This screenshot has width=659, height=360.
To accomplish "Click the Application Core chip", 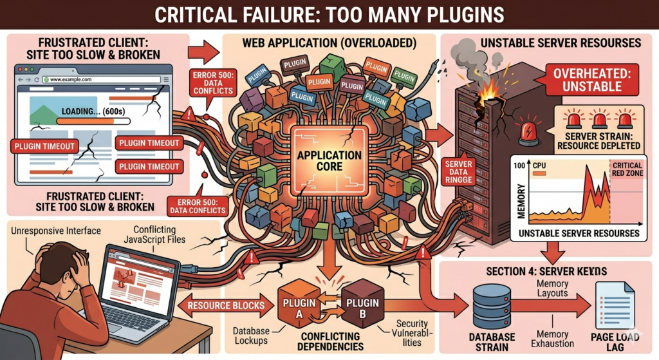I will coord(329,160).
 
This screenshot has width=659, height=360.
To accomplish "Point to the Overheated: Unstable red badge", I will coord(589,79).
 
